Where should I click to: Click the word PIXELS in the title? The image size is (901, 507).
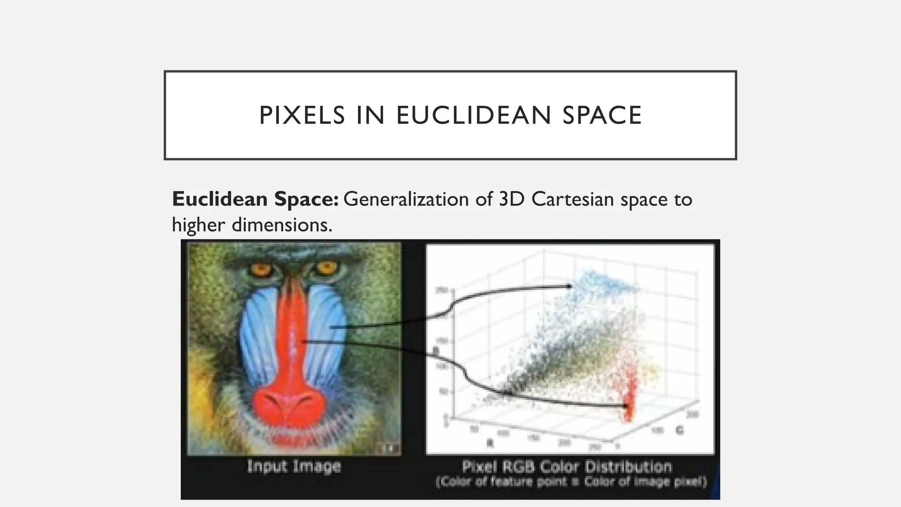pos(302,115)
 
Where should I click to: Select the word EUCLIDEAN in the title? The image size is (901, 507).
pos(473,115)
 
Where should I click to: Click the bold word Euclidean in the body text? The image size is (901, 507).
pos(220,199)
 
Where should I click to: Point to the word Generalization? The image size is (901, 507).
pos(406,199)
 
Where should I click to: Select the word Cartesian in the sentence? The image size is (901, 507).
pos(572,199)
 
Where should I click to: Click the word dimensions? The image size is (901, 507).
pos(282,225)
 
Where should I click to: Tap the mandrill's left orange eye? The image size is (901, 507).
pos(262,268)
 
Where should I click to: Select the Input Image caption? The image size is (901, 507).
pos(294,466)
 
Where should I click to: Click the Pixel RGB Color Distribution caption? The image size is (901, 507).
pos(567,467)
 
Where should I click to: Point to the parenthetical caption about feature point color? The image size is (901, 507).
pos(571,482)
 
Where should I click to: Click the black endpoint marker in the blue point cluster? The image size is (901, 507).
pos(569,287)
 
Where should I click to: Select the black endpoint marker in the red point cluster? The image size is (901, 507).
pos(626,405)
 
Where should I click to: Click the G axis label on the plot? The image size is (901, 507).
pos(680,430)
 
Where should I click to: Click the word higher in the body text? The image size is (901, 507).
pos(198,225)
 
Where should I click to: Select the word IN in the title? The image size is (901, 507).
pos(370,115)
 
